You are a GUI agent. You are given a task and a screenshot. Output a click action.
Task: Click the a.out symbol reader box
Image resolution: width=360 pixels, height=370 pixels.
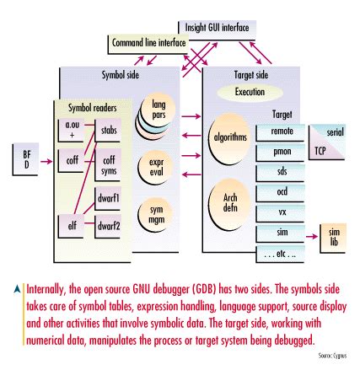[71, 129]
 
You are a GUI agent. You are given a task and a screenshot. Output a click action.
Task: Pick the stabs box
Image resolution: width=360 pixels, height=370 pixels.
[110, 131]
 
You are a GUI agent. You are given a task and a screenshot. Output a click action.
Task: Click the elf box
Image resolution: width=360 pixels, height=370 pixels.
[71, 225]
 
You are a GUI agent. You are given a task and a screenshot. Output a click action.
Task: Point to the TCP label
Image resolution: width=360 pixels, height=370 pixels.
[320, 152]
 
